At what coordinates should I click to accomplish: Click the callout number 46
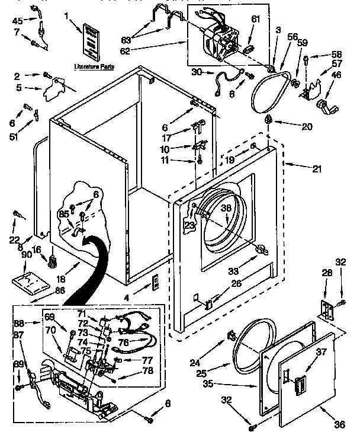tap(337, 75)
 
